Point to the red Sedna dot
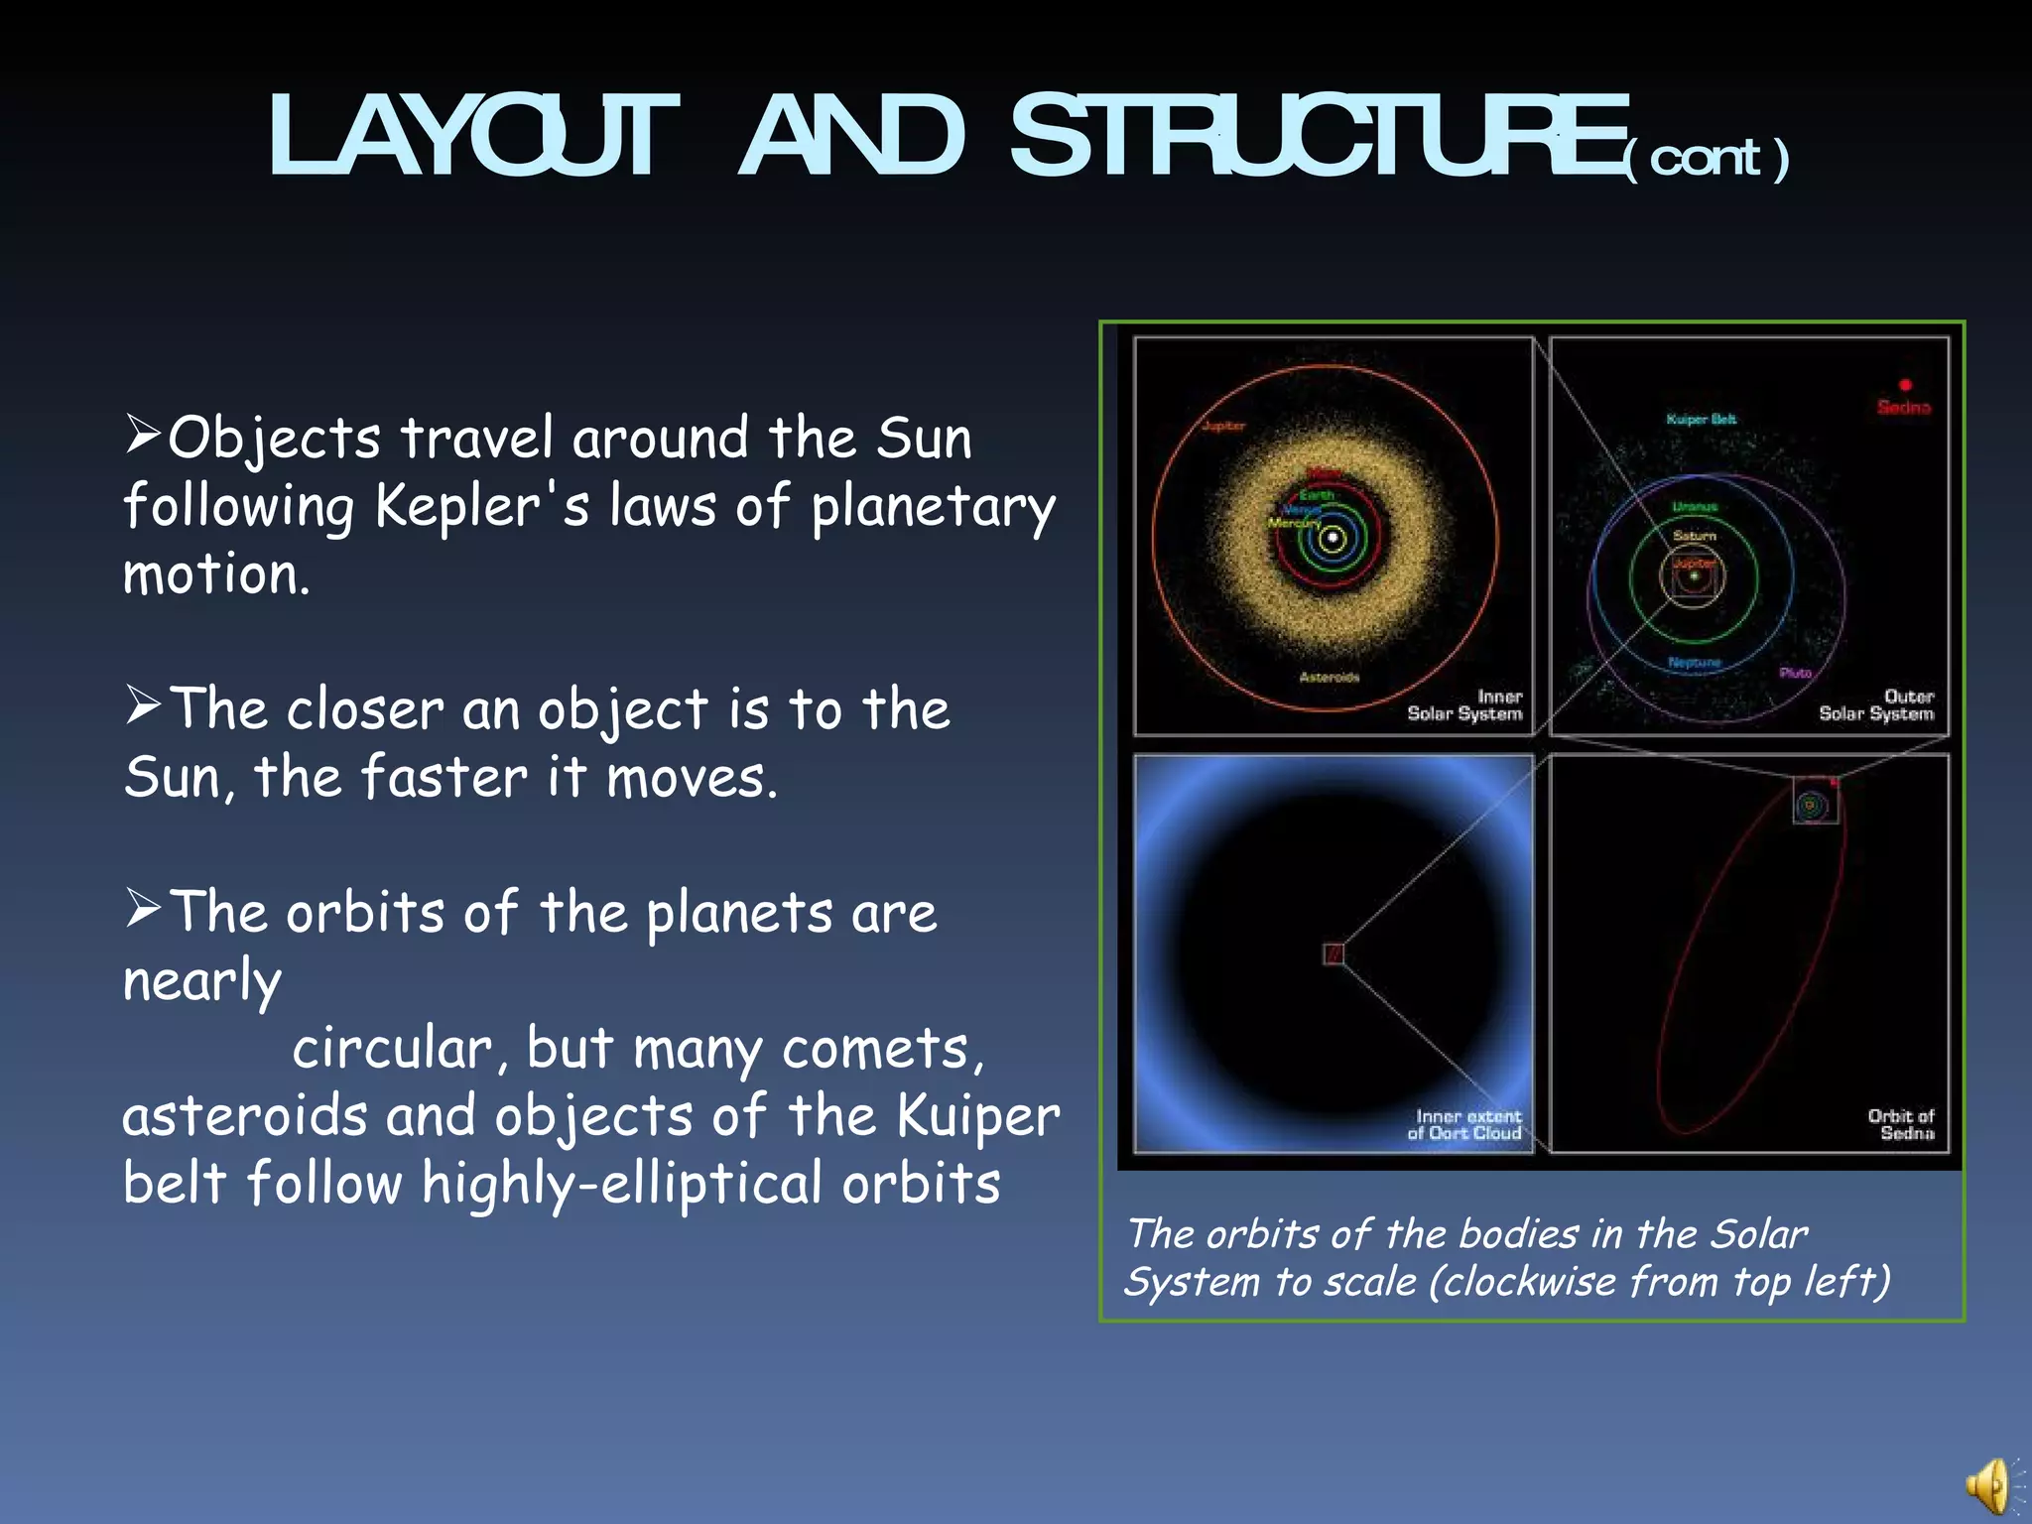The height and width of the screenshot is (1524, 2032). [x=1905, y=385]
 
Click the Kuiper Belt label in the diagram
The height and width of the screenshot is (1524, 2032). [x=1702, y=419]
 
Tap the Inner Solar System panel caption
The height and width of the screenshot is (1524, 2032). [x=1464, y=704]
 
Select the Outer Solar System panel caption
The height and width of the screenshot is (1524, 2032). [x=1876, y=704]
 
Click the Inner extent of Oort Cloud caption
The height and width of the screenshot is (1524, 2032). [x=1464, y=1124]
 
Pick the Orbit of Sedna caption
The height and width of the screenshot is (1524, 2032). [x=1901, y=1124]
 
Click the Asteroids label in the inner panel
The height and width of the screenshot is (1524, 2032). [x=1330, y=677]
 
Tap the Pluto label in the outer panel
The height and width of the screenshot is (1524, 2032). [x=1795, y=673]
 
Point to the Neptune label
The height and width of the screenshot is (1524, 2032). [x=1695, y=662]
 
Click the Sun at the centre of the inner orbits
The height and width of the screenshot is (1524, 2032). [x=1333, y=539]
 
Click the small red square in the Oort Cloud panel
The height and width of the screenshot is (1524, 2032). [x=1333, y=954]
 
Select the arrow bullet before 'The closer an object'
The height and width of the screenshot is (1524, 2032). [x=143, y=705]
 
